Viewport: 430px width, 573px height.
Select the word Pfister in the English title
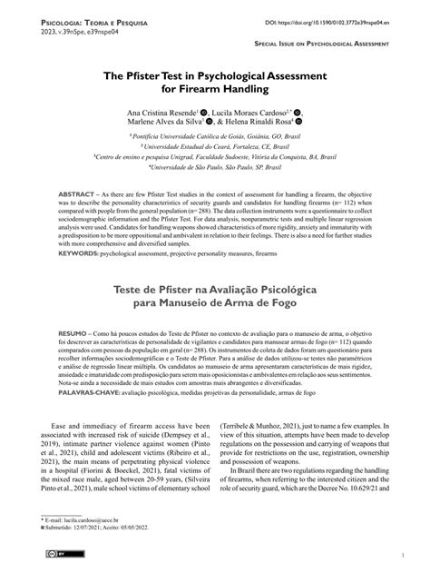(156, 81)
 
